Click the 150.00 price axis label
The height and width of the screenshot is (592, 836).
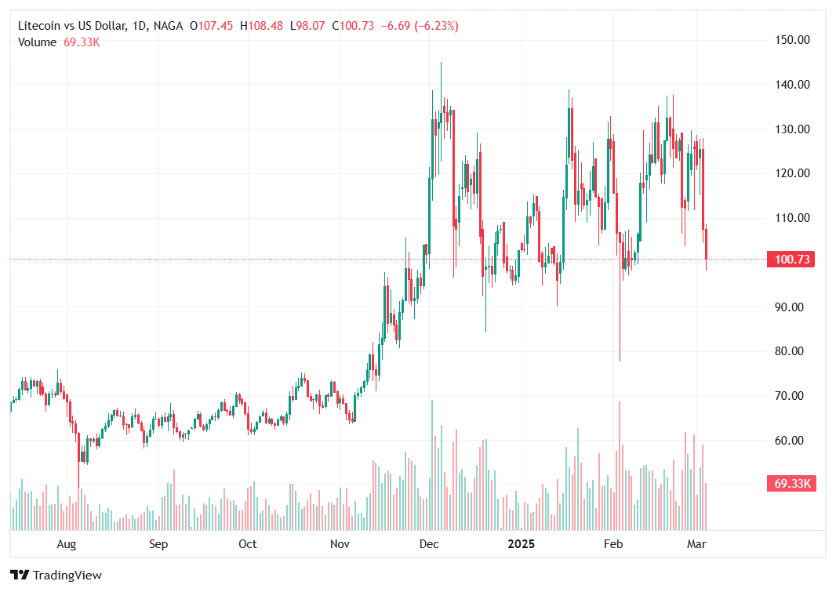[x=793, y=40]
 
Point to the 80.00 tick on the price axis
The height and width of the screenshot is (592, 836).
[x=793, y=351]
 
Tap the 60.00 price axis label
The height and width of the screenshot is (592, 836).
[x=793, y=441]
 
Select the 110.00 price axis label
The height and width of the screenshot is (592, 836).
[x=793, y=218]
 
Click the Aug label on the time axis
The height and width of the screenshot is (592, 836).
[x=67, y=543]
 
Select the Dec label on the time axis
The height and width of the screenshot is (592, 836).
[x=429, y=543]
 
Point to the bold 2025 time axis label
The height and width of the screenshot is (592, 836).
[x=521, y=543]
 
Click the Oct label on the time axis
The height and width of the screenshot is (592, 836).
[x=248, y=543]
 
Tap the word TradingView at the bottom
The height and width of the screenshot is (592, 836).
[x=67, y=576]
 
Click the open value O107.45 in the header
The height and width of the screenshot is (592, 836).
[x=212, y=26]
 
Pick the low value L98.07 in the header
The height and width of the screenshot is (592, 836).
[x=309, y=26]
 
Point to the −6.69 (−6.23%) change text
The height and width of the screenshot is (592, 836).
[x=420, y=26]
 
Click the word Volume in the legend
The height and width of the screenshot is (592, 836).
[x=37, y=42]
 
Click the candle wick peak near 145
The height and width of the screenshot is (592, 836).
[x=441, y=64]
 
